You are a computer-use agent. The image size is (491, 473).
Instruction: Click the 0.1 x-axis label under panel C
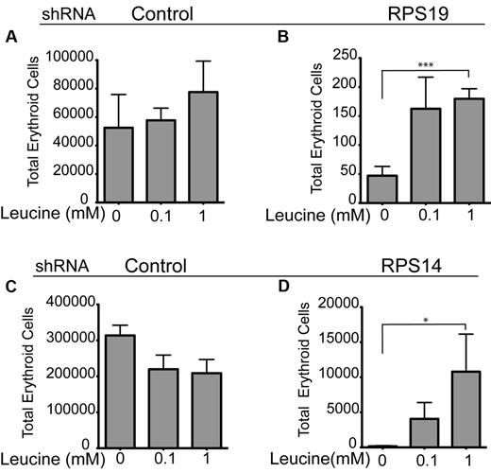click(165, 462)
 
